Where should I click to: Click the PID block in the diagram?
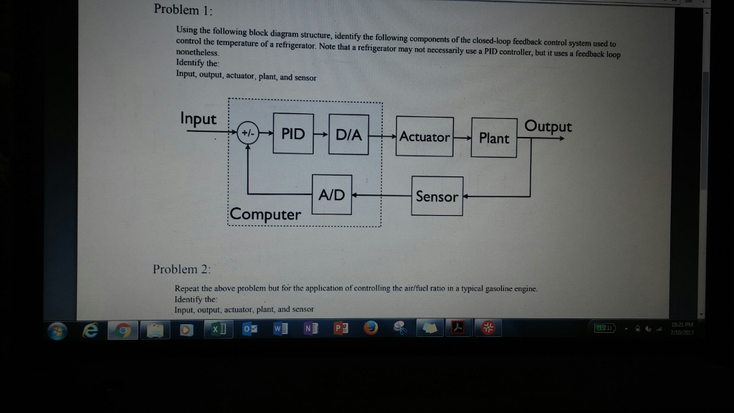[x=293, y=134]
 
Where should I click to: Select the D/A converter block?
[x=349, y=134]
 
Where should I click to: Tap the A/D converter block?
[x=332, y=194]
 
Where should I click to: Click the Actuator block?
[x=424, y=136]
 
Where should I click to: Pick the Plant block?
[x=494, y=138]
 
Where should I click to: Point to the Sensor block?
[x=437, y=196]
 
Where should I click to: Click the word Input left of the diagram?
[x=199, y=118]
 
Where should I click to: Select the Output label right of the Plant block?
[x=548, y=126]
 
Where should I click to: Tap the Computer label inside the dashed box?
[x=266, y=214]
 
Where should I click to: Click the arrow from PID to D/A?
[x=322, y=134]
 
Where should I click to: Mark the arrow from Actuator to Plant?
[x=462, y=137]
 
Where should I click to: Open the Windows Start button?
[x=58, y=330]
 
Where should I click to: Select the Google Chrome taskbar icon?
[x=124, y=330]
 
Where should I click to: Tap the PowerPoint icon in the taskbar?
[x=340, y=329]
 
